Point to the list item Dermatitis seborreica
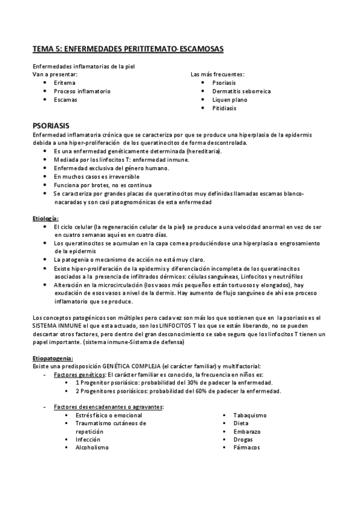242,91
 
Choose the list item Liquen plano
230,100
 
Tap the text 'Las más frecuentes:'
217,74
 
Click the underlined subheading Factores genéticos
76,374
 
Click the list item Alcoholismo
92,447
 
